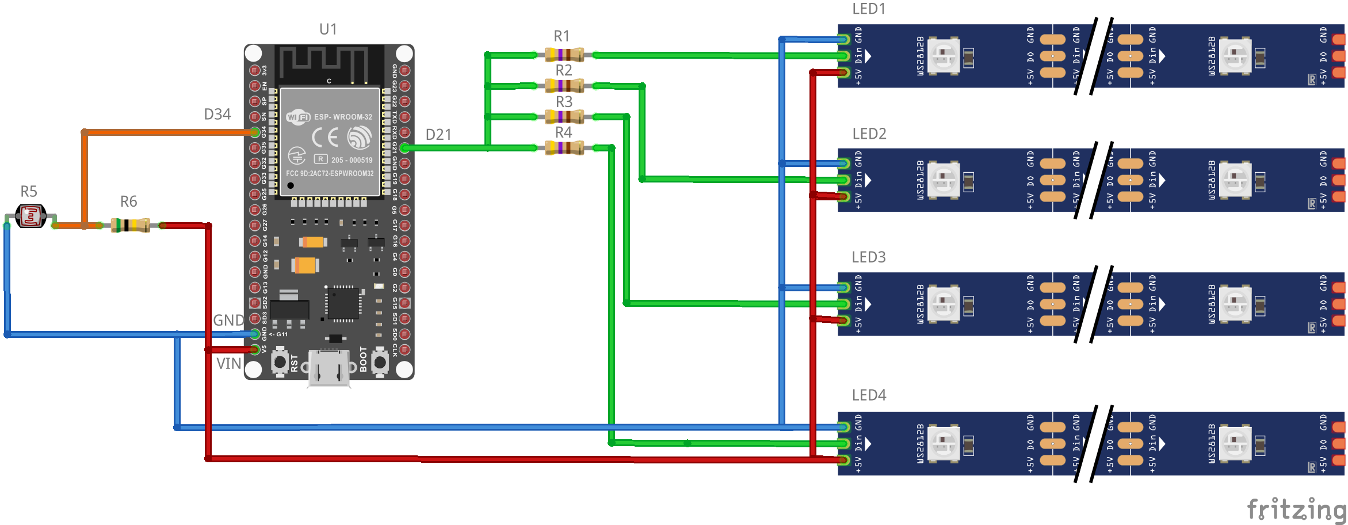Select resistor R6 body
[131, 225]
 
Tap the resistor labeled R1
[564, 55]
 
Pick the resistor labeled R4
[564, 148]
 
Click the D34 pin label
[217, 115]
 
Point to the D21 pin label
[438, 135]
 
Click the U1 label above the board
[328, 29]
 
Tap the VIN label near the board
[228, 364]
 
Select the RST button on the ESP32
[280, 362]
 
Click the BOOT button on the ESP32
[380, 362]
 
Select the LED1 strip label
[869, 9]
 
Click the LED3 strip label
[869, 257]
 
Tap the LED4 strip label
[869, 395]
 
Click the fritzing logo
[1296, 509]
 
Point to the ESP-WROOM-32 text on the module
[343, 117]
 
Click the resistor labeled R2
[564, 86]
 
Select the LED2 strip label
[869, 134]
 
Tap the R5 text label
[29, 192]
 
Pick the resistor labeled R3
[564, 117]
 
